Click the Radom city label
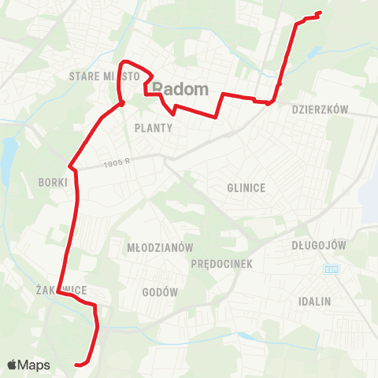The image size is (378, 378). point(180,88)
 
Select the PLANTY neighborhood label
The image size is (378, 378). point(153,127)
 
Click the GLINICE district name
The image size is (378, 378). point(246,187)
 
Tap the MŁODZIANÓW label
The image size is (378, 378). point(160,247)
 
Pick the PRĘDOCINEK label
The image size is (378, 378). point(221,265)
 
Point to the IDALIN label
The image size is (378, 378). point(315,302)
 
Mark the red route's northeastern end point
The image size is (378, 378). point(318,13)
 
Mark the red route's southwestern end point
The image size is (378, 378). point(77,364)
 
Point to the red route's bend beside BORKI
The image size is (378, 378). point(71,167)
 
